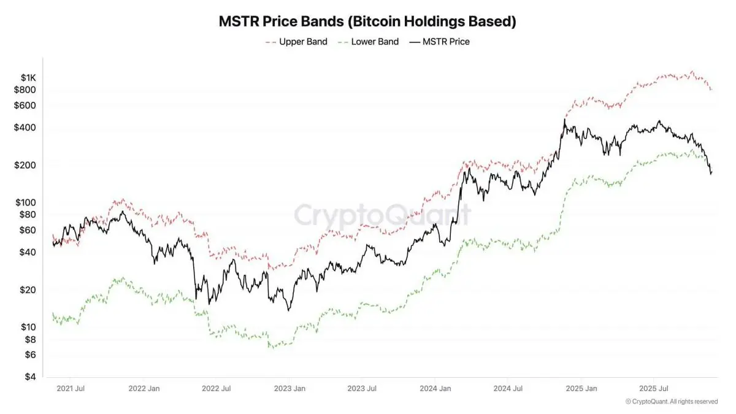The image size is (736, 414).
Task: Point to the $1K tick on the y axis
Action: (28, 78)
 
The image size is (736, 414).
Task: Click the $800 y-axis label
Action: (26, 90)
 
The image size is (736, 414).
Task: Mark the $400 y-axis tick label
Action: (26, 128)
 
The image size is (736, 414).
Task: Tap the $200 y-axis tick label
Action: (26, 166)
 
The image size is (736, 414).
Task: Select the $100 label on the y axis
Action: (26, 202)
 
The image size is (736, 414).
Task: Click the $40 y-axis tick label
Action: (28, 252)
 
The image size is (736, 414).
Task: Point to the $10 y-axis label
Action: (28, 327)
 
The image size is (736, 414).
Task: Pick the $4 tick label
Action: (30, 377)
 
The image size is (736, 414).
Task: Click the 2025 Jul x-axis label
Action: (653, 388)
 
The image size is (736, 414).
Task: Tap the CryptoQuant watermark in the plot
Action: (383, 215)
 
